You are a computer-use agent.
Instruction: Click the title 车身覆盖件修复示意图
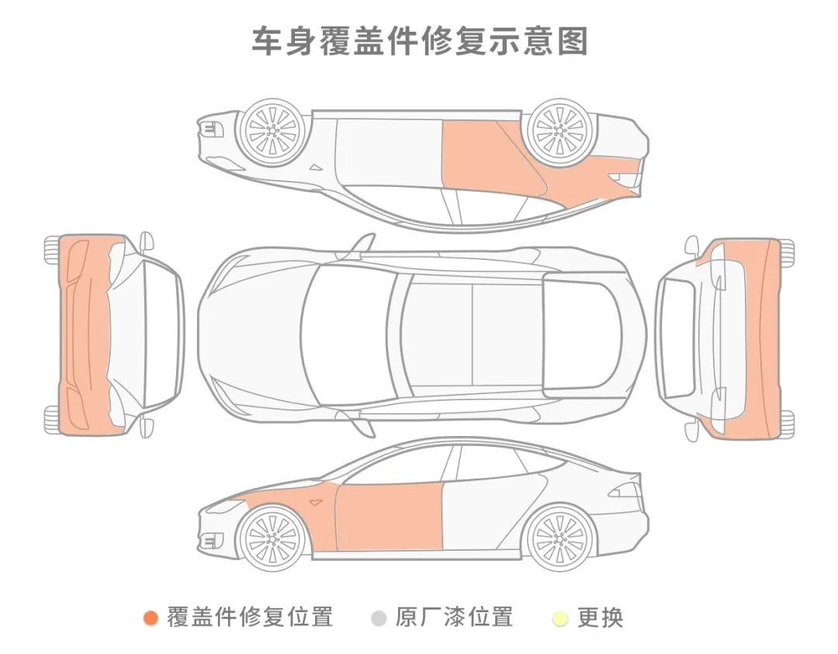(419, 40)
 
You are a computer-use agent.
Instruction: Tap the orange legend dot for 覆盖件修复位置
(151, 618)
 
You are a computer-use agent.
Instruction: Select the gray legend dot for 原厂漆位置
(379, 618)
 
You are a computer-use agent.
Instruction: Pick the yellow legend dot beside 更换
(560, 619)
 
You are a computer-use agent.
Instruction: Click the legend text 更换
(601, 618)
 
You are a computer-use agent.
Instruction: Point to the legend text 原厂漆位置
(454, 618)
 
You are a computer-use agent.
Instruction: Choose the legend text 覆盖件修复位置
(250, 618)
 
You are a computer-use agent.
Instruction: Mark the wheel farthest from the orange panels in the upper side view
(271, 132)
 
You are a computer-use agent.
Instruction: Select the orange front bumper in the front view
(84, 334)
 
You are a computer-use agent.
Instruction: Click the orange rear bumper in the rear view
(764, 334)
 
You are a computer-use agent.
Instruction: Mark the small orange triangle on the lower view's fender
(315, 503)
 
